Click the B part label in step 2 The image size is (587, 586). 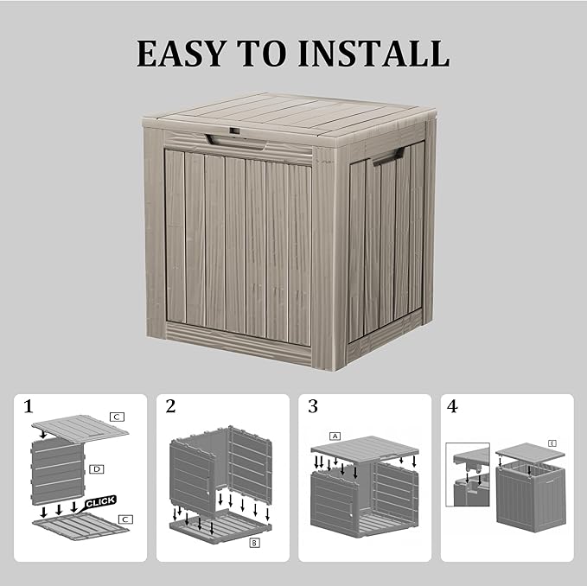(x=254, y=543)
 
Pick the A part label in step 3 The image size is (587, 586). (x=335, y=436)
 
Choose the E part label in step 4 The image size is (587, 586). (x=552, y=443)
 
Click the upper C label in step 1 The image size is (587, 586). (x=117, y=417)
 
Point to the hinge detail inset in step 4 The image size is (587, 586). (x=467, y=475)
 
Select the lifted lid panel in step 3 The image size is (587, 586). (x=364, y=449)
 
